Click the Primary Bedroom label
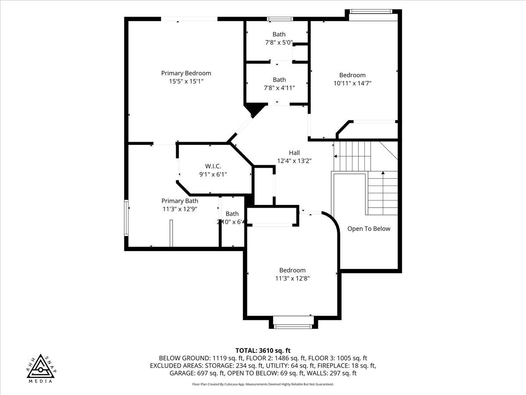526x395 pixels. click(x=186, y=73)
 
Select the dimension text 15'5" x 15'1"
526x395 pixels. click(x=186, y=81)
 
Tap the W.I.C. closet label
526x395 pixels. click(x=213, y=166)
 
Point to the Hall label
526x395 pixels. click(x=294, y=153)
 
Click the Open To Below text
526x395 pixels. click(x=369, y=229)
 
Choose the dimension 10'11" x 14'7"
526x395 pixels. click(x=352, y=83)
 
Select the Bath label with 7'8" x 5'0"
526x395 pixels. click(x=279, y=34)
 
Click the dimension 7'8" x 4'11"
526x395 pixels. click(x=279, y=87)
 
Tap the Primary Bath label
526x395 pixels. click(x=180, y=201)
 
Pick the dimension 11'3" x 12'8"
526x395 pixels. click(x=292, y=278)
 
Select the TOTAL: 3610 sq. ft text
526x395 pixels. click(x=263, y=350)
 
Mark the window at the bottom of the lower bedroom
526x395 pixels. click(x=293, y=326)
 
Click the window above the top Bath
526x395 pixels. click(x=280, y=19)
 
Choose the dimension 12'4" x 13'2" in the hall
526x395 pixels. click(x=294, y=161)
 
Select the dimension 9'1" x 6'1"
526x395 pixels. click(x=213, y=174)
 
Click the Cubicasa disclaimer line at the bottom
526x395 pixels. click(x=263, y=384)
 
